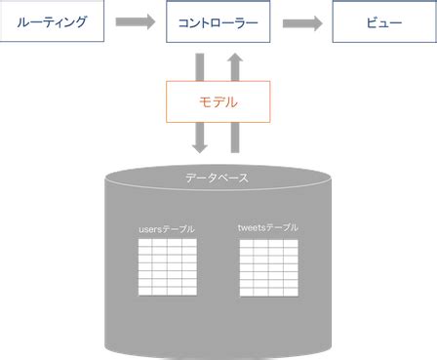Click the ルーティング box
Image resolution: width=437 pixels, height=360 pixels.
pos(52,21)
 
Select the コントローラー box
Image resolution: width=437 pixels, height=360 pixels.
pos(218,21)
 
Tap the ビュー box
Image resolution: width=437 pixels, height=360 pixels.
pos(383,21)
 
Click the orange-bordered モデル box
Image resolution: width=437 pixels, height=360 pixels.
pos(218,101)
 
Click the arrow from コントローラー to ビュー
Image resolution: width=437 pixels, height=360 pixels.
pos(303,21)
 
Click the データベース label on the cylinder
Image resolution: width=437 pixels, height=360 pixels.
pos(218,178)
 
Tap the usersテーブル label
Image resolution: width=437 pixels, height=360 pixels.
pos(167,228)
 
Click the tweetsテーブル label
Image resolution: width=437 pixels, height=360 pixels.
pos(268,227)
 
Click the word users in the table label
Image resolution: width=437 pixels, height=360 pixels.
pos(151,228)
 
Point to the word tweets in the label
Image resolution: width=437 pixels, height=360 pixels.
pos(252,227)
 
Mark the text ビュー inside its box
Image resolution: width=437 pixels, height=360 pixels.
pos(383,21)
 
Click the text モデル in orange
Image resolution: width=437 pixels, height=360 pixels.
pos(218,101)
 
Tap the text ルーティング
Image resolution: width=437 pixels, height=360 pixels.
pos(52,21)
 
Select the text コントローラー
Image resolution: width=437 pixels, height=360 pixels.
pos(218,21)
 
